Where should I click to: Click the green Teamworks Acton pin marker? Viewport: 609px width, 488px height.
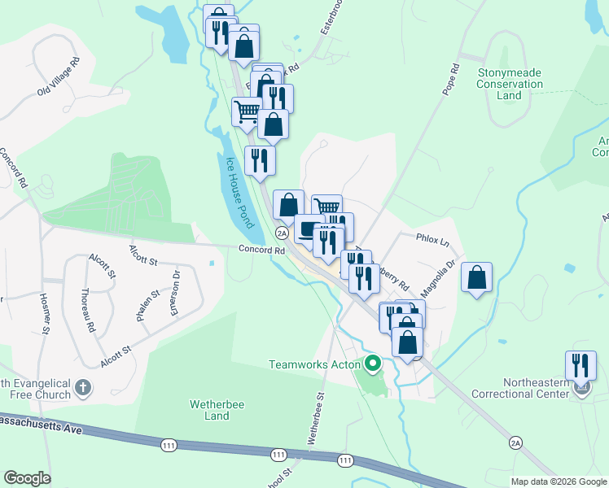click(373, 364)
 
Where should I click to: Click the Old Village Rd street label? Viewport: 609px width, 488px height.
click(58, 76)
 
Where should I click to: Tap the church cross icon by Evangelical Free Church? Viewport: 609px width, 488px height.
click(83, 389)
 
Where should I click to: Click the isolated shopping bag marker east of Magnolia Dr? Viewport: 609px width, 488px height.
click(477, 277)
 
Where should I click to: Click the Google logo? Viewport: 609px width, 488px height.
click(27, 478)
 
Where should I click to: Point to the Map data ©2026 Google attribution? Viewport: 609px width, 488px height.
click(558, 481)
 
